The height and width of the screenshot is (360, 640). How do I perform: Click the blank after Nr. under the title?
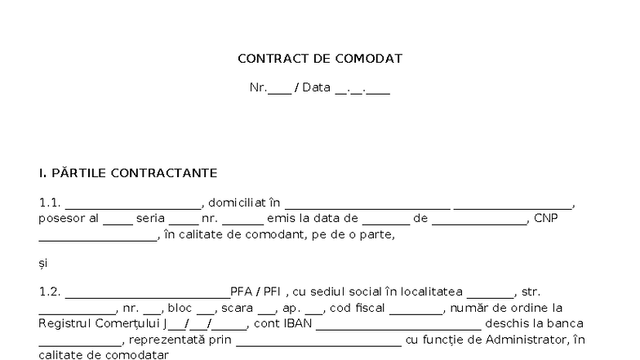point(279,93)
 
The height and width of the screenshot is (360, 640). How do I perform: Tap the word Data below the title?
point(316,87)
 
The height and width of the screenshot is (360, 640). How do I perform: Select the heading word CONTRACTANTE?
point(164,173)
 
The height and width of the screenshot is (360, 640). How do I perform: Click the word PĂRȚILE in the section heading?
point(78,172)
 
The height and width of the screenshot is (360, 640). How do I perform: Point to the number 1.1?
point(49,202)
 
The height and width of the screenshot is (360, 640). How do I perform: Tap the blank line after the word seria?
point(184,224)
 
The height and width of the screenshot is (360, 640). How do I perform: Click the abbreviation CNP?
point(545,219)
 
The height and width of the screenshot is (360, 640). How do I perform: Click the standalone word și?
point(42,264)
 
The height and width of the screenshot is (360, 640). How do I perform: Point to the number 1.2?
point(49,292)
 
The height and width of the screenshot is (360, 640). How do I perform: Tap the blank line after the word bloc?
point(206,313)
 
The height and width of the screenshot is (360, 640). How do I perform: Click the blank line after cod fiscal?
point(416,313)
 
